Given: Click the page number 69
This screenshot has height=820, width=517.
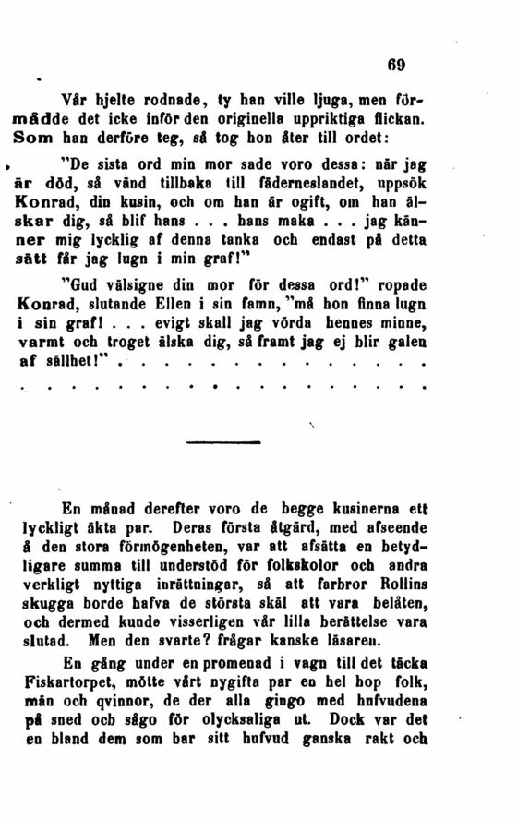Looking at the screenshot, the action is pos(397,66).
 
